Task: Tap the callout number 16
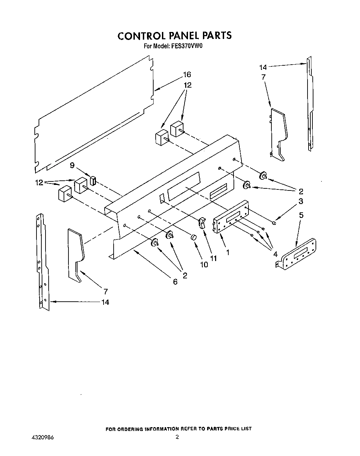point(187,75)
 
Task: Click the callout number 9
point(72,165)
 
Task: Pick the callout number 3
point(301,201)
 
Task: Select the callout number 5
point(301,215)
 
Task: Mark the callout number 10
point(204,264)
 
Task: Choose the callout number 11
point(213,259)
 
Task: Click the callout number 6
point(175,282)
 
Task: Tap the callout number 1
point(228,253)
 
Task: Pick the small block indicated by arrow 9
point(93,181)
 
